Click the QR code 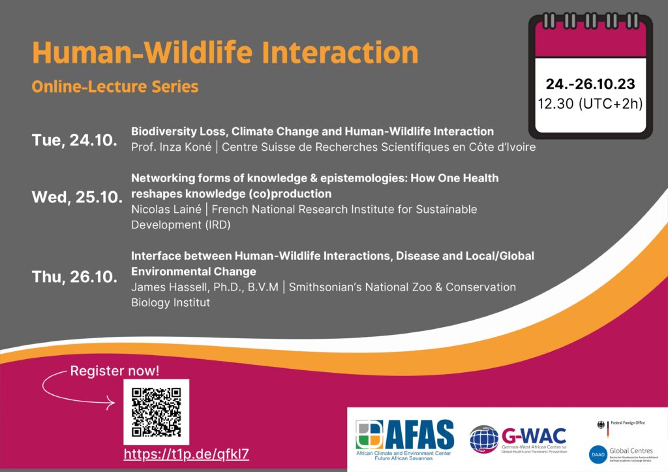[157, 411]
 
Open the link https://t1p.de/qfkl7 [187, 454]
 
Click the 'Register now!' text [115, 371]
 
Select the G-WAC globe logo [483, 439]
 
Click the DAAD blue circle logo [599, 454]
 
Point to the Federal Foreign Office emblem [600, 424]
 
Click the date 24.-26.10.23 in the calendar [591, 84]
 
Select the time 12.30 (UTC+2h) [591, 103]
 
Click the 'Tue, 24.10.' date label [74, 140]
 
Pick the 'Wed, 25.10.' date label [77, 198]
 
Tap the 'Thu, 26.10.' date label [75, 276]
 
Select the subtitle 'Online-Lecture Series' [115, 86]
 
